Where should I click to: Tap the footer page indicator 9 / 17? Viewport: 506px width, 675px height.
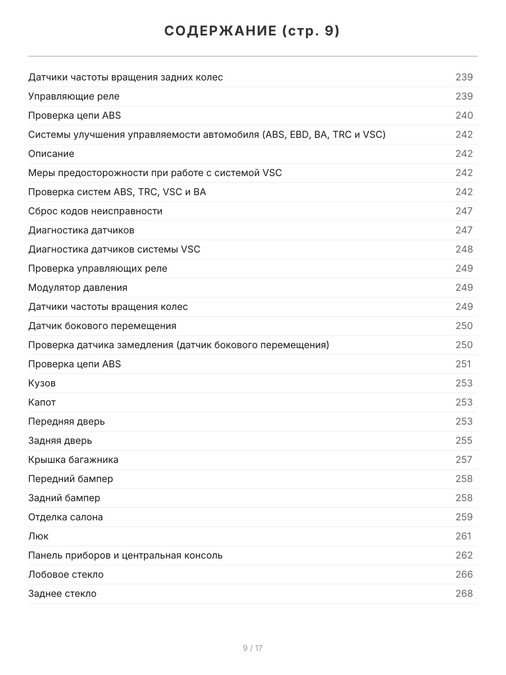(x=252, y=648)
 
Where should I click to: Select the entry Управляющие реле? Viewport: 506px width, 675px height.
(x=74, y=96)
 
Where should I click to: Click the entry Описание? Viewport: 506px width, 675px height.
(x=51, y=154)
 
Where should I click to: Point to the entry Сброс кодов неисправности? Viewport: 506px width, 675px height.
(x=95, y=211)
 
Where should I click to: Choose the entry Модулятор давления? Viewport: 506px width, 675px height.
(x=78, y=287)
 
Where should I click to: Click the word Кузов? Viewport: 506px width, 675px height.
(x=42, y=383)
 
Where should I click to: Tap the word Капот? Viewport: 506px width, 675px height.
(x=42, y=402)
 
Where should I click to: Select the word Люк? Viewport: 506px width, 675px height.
(x=38, y=536)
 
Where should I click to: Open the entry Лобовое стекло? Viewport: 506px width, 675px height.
(x=66, y=574)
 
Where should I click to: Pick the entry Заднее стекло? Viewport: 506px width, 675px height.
(x=62, y=593)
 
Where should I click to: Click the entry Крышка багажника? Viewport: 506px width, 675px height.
(x=73, y=460)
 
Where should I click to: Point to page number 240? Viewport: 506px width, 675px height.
(x=464, y=115)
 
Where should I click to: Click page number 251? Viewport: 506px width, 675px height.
(x=463, y=364)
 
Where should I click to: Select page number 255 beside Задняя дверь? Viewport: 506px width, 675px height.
(x=464, y=440)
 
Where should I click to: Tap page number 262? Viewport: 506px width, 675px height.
(x=464, y=555)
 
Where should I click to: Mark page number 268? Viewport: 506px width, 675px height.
(x=464, y=593)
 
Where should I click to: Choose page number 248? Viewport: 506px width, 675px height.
(x=464, y=249)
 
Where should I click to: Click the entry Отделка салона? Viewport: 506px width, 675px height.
(x=65, y=517)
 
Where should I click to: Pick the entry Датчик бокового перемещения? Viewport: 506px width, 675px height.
(x=102, y=326)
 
